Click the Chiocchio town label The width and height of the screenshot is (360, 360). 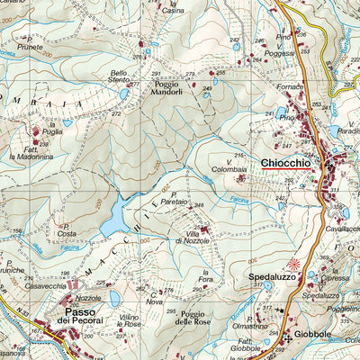(x=285, y=163)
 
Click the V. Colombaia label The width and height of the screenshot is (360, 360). (x=229, y=165)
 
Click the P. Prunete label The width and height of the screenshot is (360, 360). (x=31, y=44)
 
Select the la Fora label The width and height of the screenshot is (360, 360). (x=209, y=274)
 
